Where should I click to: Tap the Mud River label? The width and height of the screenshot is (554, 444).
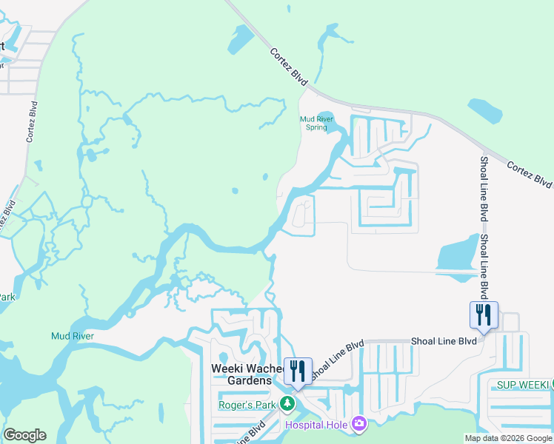click(x=72, y=336)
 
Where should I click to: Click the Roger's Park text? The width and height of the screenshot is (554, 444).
click(x=247, y=405)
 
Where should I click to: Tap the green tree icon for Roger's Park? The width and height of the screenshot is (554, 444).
click(x=290, y=405)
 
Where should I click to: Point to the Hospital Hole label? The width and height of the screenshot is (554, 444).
click(x=316, y=423)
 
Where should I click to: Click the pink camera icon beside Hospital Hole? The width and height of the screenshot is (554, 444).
click(x=359, y=423)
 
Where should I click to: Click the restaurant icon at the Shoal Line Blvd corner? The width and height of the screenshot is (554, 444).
click(x=483, y=314)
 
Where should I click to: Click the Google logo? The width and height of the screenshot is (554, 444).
click(x=24, y=435)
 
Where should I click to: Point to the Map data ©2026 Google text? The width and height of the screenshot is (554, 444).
click(x=508, y=438)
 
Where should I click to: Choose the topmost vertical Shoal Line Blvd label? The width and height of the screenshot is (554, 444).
click(x=484, y=189)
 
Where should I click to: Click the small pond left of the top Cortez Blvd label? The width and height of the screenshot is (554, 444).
click(x=241, y=40)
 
